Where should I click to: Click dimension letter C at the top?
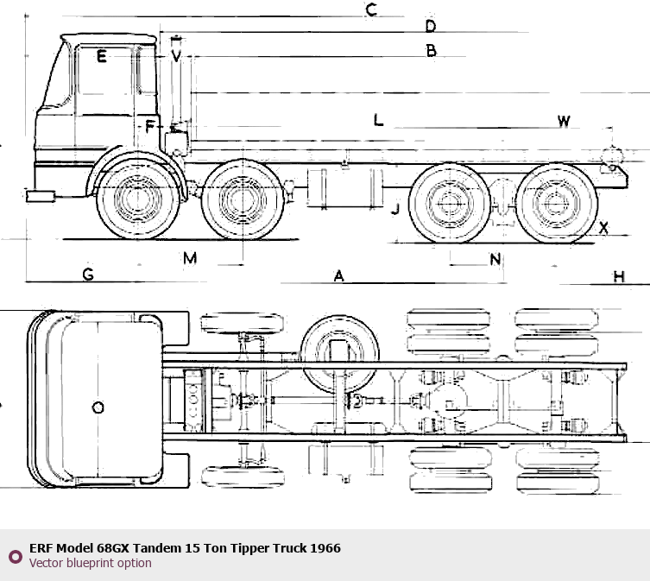pyautogui.click(x=371, y=10)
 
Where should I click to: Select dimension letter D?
pyautogui.click(x=430, y=26)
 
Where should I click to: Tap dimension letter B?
pyautogui.click(x=431, y=51)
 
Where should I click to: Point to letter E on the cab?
pyautogui.click(x=101, y=58)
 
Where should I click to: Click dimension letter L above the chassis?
pyautogui.click(x=378, y=120)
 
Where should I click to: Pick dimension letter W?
pyautogui.click(x=563, y=121)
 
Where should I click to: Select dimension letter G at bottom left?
pyautogui.click(x=88, y=275)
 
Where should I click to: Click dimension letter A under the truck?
pyautogui.click(x=339, y=276)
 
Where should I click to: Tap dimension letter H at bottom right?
pyautogui.click(x=618, y=276)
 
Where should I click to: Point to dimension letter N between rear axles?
pyautogui.click(x=495, y=259)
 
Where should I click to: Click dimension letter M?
pyautogui.click(x=190, y=257)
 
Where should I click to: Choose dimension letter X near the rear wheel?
pyautogui.click(x=604, y=228)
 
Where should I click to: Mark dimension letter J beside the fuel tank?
pyautogui.click(x=394, y=209)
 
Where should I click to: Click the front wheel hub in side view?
pyautogui.click(x=134, y=201)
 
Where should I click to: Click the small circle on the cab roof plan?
pyautogui.click(x=98, y=407)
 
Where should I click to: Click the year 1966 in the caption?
pyautogui.click(x=325, y=548)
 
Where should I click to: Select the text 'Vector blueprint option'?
pyautogui.click(x=90, y=563)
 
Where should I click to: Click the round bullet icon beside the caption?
pyautogui.click(x=15, y=556)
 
